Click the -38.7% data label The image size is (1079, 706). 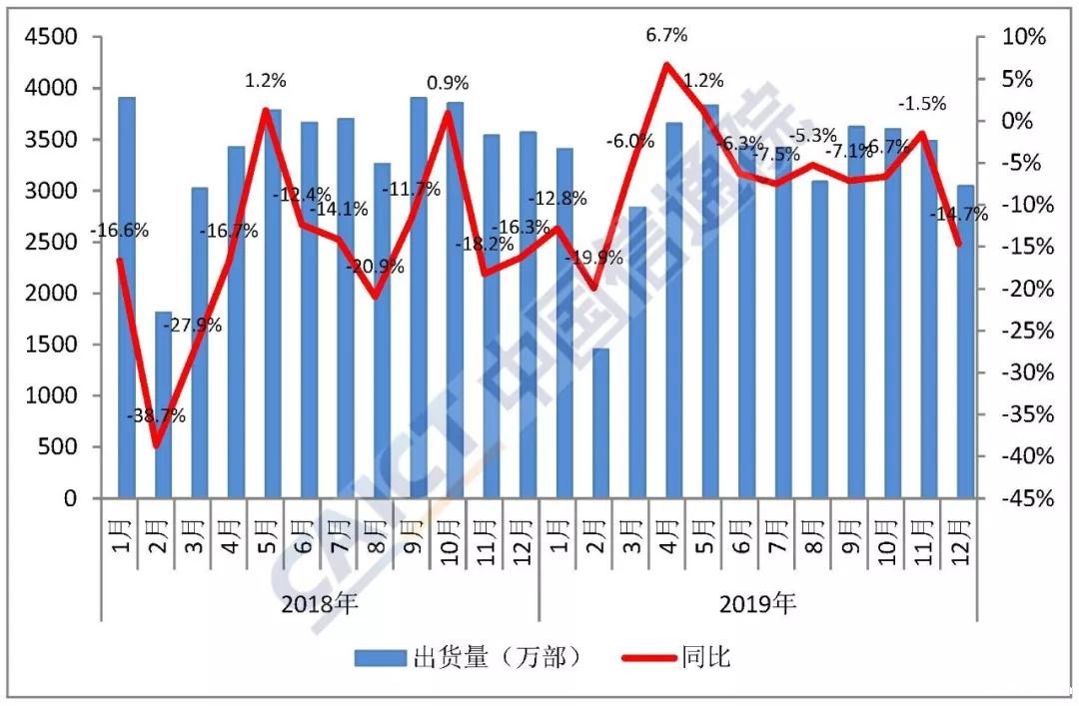(x=158, y=416)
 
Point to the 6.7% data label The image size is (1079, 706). (x=666, y=35)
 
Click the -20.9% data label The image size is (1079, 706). (x=376, y=267)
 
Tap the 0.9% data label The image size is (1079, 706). (x=448, y=82)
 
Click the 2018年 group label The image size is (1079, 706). (x=319, y=603)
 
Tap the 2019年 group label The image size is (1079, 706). (x=757, y=603)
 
